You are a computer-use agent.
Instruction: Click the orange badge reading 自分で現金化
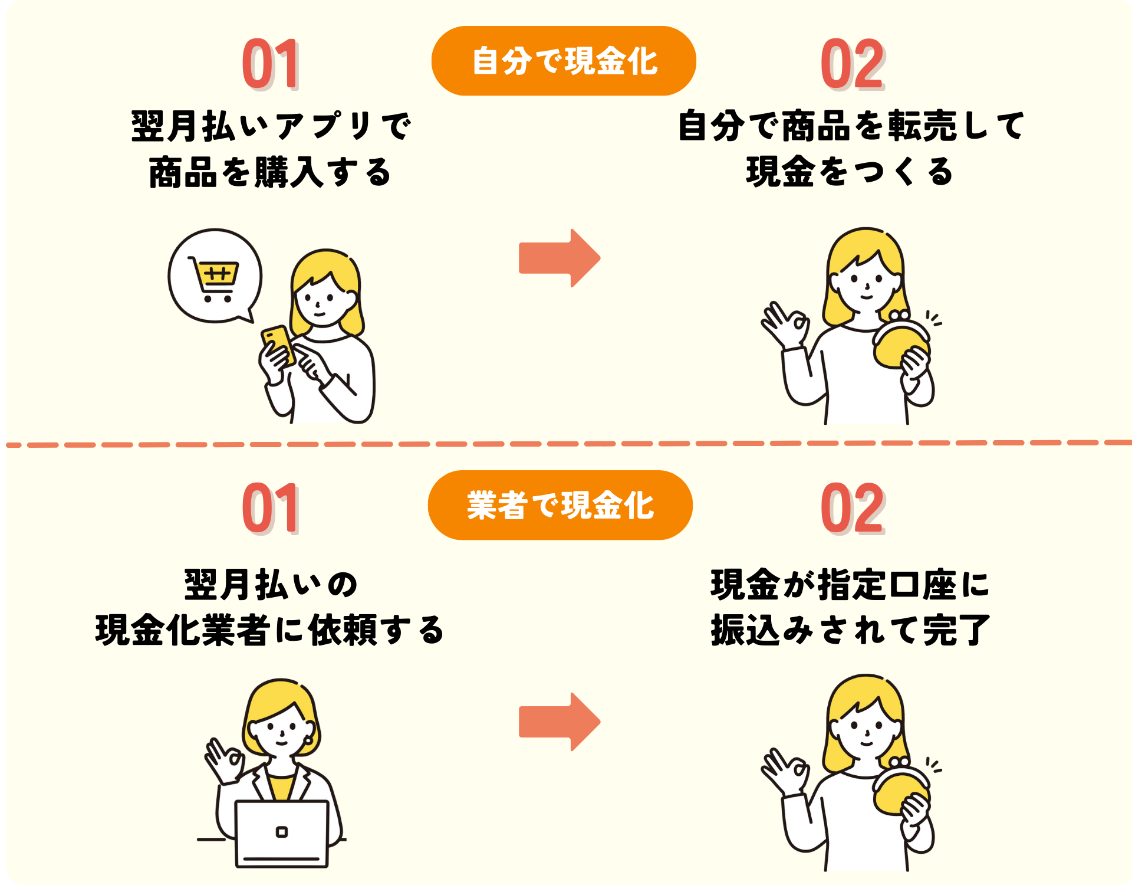564,61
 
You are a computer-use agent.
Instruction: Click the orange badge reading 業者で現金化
560,505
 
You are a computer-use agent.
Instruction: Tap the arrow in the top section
559,258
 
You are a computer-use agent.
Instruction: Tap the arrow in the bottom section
559,722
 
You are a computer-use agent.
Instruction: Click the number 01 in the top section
271,64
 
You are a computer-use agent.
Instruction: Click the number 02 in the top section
852,64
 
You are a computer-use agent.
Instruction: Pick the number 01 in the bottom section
271,509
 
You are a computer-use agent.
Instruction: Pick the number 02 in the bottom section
852,509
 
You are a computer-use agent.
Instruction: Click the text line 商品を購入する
271,172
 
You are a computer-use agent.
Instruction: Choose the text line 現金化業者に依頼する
270,630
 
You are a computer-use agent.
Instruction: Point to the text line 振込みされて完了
850,630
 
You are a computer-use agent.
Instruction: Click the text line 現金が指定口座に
850,585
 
